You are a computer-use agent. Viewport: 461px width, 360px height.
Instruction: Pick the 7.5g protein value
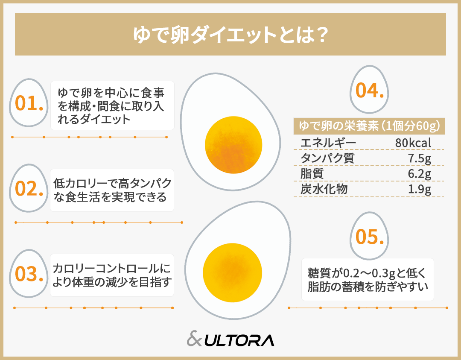coord(419,158)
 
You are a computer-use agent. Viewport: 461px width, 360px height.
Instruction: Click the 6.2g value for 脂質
coord(419,174)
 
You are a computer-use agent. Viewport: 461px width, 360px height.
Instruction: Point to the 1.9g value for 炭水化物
coord(419,190)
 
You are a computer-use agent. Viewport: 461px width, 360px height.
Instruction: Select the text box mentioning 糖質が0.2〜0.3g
coord(368,279)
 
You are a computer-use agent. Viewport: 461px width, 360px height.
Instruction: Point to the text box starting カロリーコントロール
coord(112,275)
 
